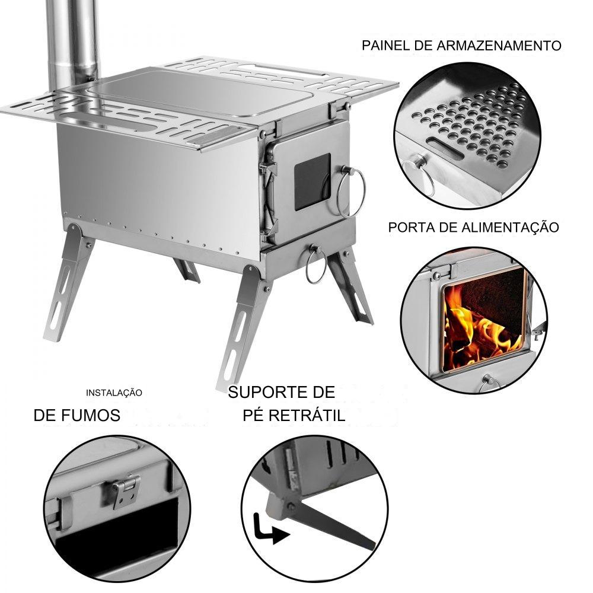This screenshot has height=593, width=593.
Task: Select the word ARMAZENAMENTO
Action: [499, 46]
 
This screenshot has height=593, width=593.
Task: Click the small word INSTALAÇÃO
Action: [114, 393]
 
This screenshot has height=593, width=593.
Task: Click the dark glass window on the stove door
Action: [313, 181]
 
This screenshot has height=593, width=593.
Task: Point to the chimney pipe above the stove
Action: [72, 43]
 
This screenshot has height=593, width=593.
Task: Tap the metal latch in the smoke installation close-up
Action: [127, 492]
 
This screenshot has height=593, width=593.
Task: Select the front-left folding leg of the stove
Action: [69, 282]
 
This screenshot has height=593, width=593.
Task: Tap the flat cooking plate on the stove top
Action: [200, 93]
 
